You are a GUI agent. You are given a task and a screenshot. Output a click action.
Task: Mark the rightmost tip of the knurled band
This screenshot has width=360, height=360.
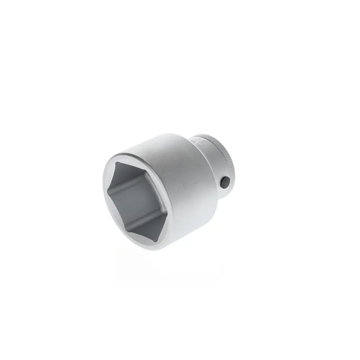234,173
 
